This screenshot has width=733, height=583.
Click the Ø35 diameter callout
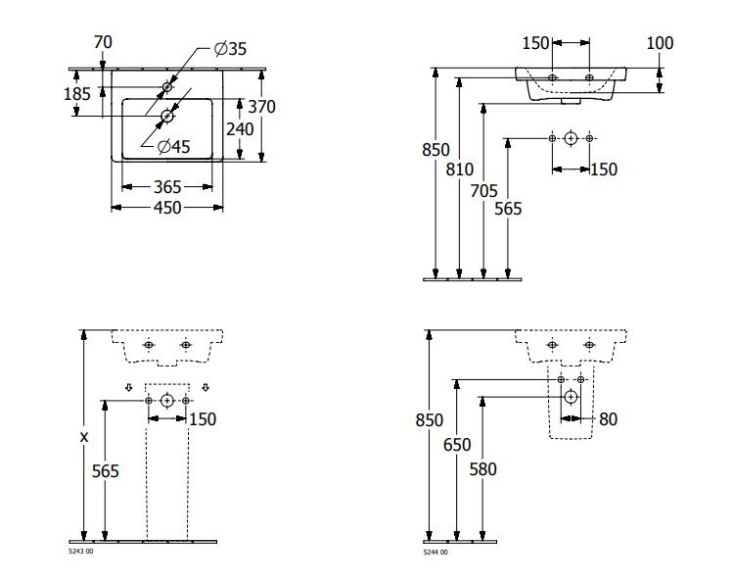pyautogui.click(x=230, y=48)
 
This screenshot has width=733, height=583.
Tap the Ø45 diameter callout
pyautogui.click(x=174, y=146)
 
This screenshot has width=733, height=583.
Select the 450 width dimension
pyautogui.click(x=167, y=208)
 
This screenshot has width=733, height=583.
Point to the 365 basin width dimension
pyautogui.click(x=167, y=187)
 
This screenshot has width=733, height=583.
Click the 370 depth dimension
pyautogui.click(x=262, y=107)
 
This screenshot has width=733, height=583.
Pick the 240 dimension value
pyautogui.click(x=240, y=129)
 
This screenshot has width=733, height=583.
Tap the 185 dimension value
pyautogui.click(x=77, y=94)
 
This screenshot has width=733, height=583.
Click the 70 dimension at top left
pyautogui.click(x=103, y=42)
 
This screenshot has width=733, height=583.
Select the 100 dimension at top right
pyautogui.click(x=660, y=43)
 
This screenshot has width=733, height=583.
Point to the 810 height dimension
pyautogui.click(x=460, y=170)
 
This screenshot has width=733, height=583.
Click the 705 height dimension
pyautogui.click(x=483, y=191)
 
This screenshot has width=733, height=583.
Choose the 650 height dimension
pyautogui.click(x=457, y=445)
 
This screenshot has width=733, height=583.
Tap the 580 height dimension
pyautogui.click(x=482, y=469)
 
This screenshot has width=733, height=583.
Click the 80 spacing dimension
pyautogui.click(x=608, y=419)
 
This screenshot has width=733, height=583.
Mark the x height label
pyautogui.click(x=84, y=437)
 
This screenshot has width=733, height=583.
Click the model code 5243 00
pyautogui.click(x=81, y=552)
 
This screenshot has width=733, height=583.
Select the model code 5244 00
pyautogui.click(x=435, y=552)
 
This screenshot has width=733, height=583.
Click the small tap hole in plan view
pyautogui.click(x=167, y=86)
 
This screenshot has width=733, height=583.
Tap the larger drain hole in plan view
pyautogui.click(x=167, y=116)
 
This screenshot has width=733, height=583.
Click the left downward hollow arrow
pyautogui.click(x=129, y=387)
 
